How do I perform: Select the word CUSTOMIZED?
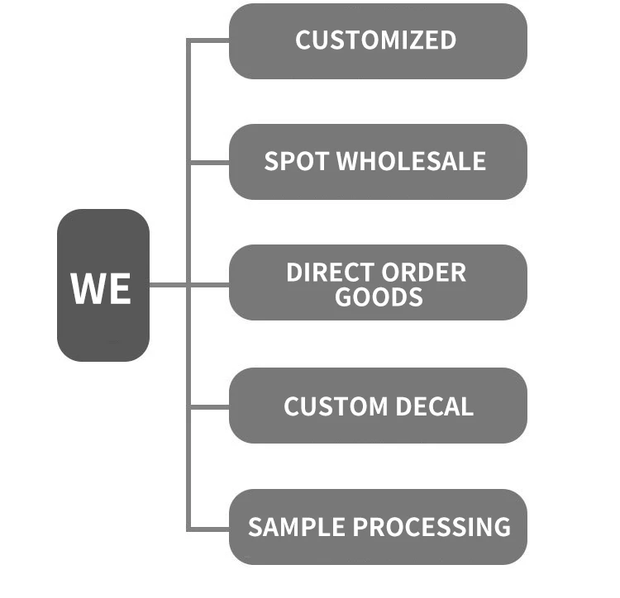click(375, 40)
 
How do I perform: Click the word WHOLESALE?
click(411, 160)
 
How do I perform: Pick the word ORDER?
click(425, 272)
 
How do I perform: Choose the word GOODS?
click(379, 297)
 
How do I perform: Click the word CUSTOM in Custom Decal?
click(336, 406)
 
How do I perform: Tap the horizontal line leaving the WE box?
click(169, 285)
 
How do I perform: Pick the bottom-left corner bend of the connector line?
click(190, 527)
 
